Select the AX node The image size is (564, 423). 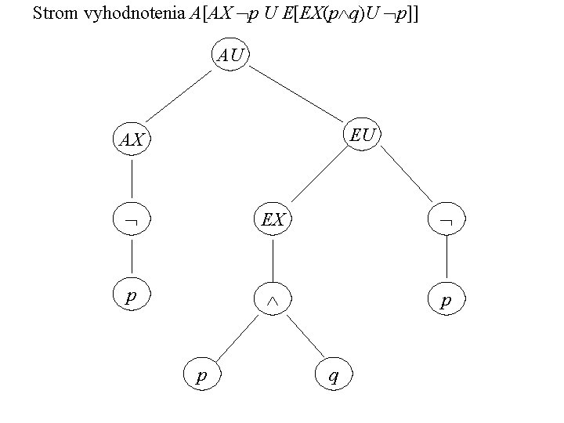(132, 140)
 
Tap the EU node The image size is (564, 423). (363, 135)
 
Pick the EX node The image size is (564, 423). (273, 220)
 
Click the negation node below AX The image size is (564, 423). (132, 222)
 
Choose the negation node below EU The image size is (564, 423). (446, 222)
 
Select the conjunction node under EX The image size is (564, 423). (273, 300)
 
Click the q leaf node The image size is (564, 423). (334, 375)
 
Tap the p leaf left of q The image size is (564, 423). (201, 375)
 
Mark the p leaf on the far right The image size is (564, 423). (446, 300)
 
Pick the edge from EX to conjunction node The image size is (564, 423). (273, 260)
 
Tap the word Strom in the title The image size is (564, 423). (52, 13)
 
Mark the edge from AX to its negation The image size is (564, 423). (132, 181)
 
